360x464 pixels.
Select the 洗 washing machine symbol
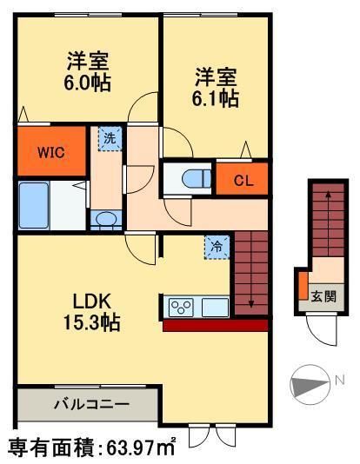(110, 138)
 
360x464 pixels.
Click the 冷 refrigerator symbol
(217, 246)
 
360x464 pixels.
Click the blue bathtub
(34, 205)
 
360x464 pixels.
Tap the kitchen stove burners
(181, 307)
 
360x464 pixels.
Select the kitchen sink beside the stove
(215, 307)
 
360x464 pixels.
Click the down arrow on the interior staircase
(251, 301)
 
